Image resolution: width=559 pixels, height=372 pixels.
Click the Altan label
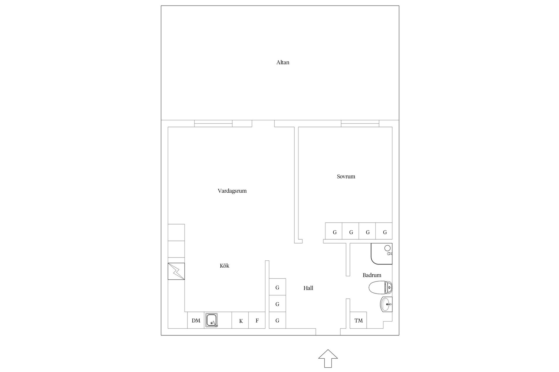pyautogui.click(x=283, y=62)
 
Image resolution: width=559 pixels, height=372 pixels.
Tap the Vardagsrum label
pyautogui.click(x=232, y=191)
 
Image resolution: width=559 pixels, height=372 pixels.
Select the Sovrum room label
pyautogui.click(x=346, y=176)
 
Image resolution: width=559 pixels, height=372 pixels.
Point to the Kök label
pyautogui.click(x=224, y=266)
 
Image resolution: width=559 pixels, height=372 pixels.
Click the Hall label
pyautogui.click(x=308, y=288)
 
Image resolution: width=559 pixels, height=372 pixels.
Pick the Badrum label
pyautogui.click(x=372, y=275)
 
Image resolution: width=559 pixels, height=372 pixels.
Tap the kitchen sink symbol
pyautogui.click(x=211, y=320)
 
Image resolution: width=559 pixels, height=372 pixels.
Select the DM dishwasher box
pyautogui.click(x=196, y=321)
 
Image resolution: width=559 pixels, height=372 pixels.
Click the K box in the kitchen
pyautogui.click(x=240, y=321)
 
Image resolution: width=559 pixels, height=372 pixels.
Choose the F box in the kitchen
pyautogui.click(x=257, y=321)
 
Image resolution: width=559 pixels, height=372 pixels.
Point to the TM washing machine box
pyautogui.click(x=358, y=320)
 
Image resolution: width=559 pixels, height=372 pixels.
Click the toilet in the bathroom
pyautogui.click(x=381, y=288)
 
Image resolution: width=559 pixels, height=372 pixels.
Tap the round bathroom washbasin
pyautogui.click(x=386, y=304)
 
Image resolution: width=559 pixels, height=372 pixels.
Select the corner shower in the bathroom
pyautogui.click(x=381, y=254)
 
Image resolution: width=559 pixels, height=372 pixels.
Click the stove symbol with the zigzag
pyautogui.click(x=176, y=271)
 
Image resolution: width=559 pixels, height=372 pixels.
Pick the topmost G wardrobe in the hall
pyautogui.click(x=277, y=287)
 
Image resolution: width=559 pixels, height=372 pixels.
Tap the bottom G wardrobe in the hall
pyautogui.click(x=277, y=320)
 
